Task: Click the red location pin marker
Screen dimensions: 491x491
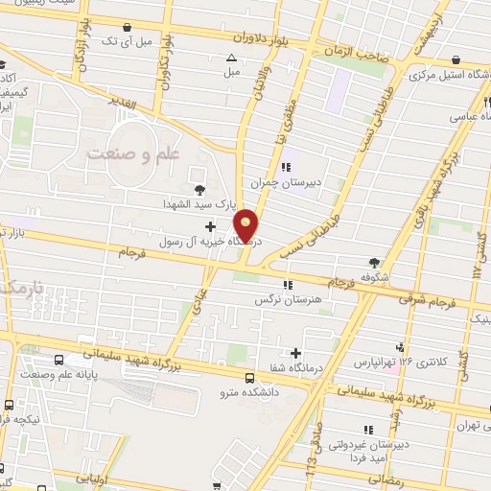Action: [246, 225]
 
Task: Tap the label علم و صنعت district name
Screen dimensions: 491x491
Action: [128, 153]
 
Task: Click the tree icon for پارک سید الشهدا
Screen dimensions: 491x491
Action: [199, 190]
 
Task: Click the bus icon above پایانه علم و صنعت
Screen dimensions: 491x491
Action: [60, 360]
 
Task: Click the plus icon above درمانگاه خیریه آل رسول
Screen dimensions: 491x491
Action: [210, 226]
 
